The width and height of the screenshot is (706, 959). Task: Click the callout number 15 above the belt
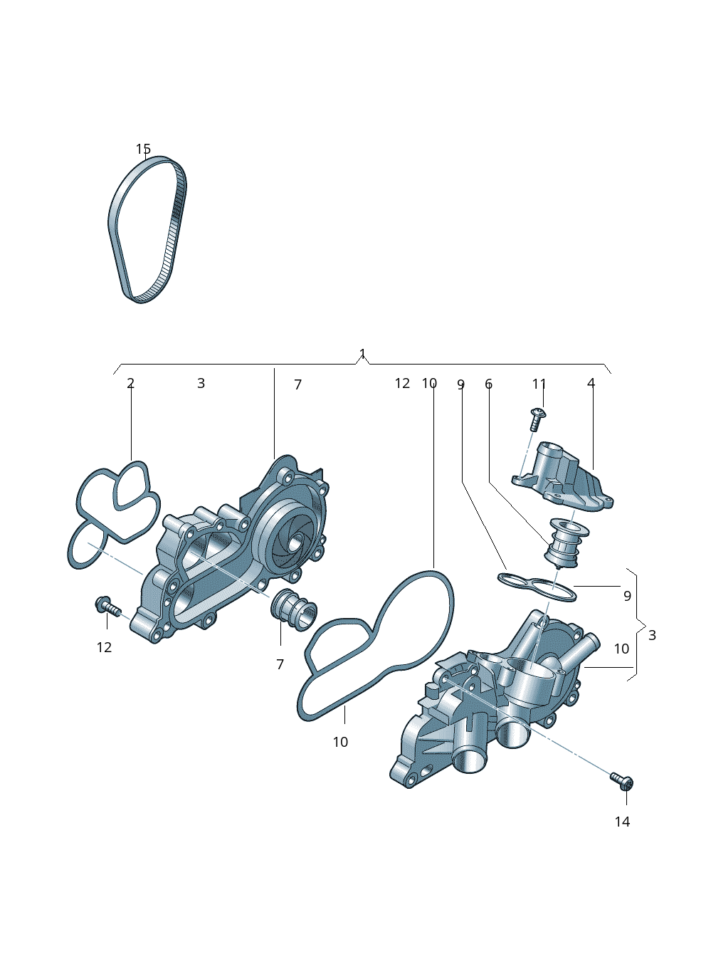click(143, 149)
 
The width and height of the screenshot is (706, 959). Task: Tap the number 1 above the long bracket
click(362, 354)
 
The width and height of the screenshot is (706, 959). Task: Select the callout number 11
click(539, 384)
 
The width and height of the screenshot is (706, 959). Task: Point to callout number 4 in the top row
click(591, 383)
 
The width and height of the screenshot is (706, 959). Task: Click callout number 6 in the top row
click(489, 384)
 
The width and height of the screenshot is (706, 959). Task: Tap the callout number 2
click(130, 383)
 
